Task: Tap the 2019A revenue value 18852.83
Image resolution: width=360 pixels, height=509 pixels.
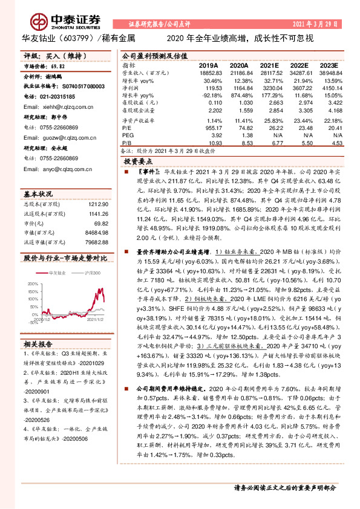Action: [x=209, y=72]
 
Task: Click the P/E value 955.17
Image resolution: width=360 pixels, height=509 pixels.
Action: [x=214, y=128]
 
